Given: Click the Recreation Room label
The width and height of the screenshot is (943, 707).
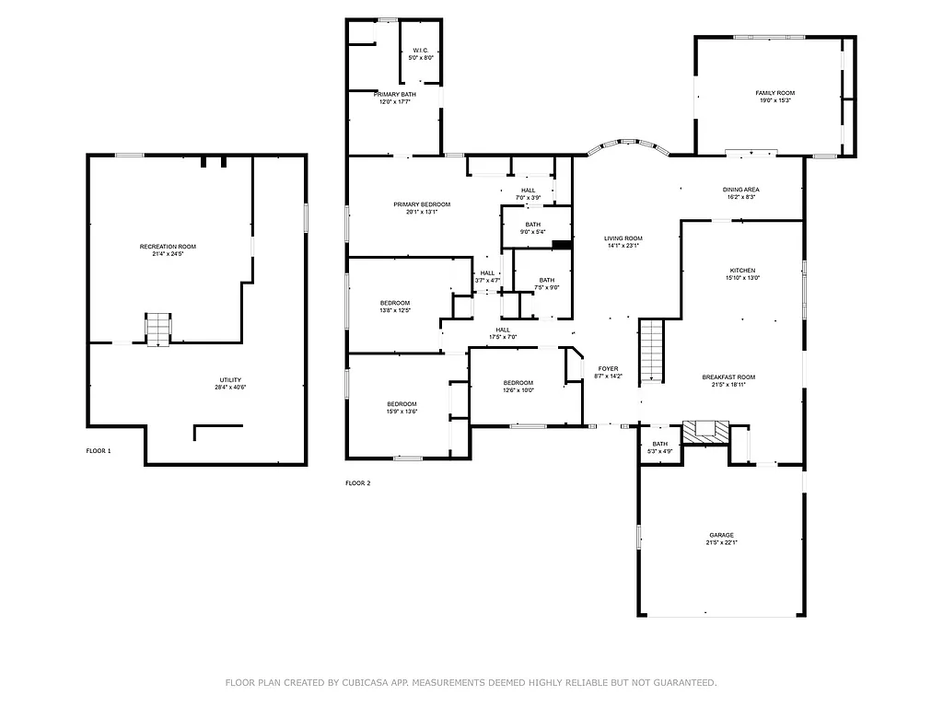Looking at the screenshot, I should [168, 247].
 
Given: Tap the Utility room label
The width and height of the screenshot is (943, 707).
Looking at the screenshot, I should [229, 380].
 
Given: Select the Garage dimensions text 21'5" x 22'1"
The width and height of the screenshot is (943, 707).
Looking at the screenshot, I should [722, 543].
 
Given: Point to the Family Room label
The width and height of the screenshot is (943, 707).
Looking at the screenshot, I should [774, 93].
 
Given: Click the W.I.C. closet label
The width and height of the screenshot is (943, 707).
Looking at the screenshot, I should [421, 51].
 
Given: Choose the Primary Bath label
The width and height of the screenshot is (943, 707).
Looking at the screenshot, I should [394, 94].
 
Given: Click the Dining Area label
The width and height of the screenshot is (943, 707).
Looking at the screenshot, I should [740, 190].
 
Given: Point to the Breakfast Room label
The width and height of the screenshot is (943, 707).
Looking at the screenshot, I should [728, 377].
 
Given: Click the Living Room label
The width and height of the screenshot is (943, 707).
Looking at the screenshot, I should [623, 238].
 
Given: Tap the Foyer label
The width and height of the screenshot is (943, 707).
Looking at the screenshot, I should [608, 368].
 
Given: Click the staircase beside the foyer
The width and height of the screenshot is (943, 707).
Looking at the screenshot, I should [651, 351].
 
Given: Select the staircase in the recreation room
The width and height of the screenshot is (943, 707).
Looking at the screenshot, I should [158, 329].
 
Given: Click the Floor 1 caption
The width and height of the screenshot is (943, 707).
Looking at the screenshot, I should [99, 451].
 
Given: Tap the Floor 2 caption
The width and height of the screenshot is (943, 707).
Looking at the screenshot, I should [357, 482].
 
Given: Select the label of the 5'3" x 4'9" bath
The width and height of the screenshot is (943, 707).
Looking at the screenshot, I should [660, 444].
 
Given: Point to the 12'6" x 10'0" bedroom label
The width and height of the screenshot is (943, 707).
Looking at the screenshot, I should [518, 383].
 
